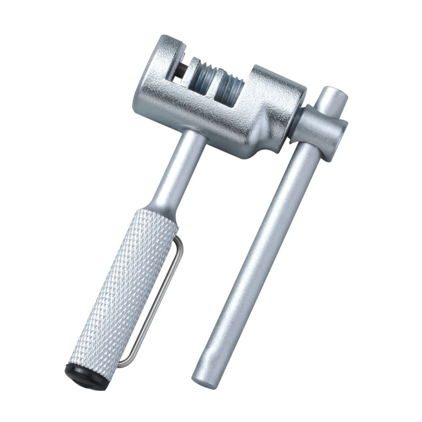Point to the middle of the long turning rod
(260, 247)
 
